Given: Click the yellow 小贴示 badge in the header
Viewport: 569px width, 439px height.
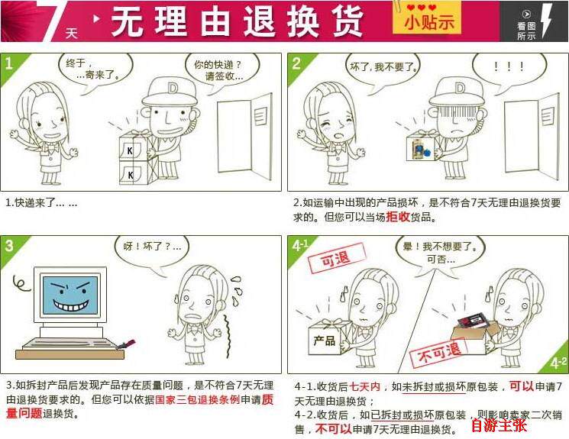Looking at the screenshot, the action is click(426, 18).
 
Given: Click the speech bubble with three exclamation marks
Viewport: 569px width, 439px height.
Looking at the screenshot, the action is click(508, 68).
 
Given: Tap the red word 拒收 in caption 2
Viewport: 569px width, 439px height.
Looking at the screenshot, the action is click(398, 217).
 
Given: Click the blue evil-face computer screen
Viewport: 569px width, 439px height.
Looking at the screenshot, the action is click(70, 295).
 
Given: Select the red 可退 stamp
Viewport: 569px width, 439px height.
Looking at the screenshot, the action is click(336, 258).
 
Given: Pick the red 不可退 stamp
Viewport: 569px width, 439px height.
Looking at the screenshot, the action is click(438, 353).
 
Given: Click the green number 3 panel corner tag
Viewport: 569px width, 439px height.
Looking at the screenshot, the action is click(13, 250).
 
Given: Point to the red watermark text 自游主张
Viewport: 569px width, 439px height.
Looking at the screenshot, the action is click(499, 425).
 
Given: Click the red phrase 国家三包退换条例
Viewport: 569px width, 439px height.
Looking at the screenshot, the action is click(198, 399).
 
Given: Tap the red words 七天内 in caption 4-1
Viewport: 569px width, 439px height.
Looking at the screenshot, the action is click(365, 387).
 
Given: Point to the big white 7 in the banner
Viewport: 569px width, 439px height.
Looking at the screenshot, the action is click(53, 20).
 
